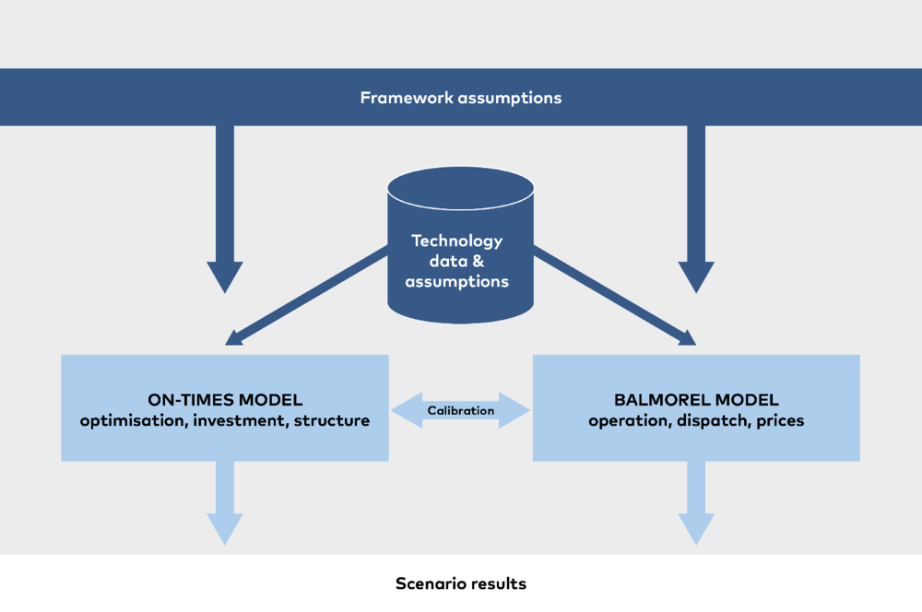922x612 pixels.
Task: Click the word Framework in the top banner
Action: click(x=407, y=98)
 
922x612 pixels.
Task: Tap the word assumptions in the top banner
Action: click(x=511, y=99)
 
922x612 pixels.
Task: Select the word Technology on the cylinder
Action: click(x=457, y=241)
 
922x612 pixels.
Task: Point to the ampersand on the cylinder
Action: click(x=478, y=261)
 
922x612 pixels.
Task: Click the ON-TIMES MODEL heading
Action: click(x=225, y=400)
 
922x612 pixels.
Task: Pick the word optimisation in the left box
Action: click(x=133, y=421)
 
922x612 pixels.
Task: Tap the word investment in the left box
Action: click(x=241, y=421)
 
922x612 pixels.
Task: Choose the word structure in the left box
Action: click(x=332, y=421)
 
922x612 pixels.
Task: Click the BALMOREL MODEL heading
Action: click(x=696, y=400)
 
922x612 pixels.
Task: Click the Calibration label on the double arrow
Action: click(x=461, y=410)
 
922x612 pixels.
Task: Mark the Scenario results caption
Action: click(x=461, y=583)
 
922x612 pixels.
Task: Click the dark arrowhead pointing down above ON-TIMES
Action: click(x=225, y=277)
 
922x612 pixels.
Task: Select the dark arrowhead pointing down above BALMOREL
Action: click(x=696, y=277)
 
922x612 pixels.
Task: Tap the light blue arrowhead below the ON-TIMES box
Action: click(x=225, y=529)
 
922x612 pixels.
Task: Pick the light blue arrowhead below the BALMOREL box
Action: click(x=696, y=529)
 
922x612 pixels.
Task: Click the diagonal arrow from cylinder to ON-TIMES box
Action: click(x=306, y=295)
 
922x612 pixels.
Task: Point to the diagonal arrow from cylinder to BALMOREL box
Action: click(x=614, y=295)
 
